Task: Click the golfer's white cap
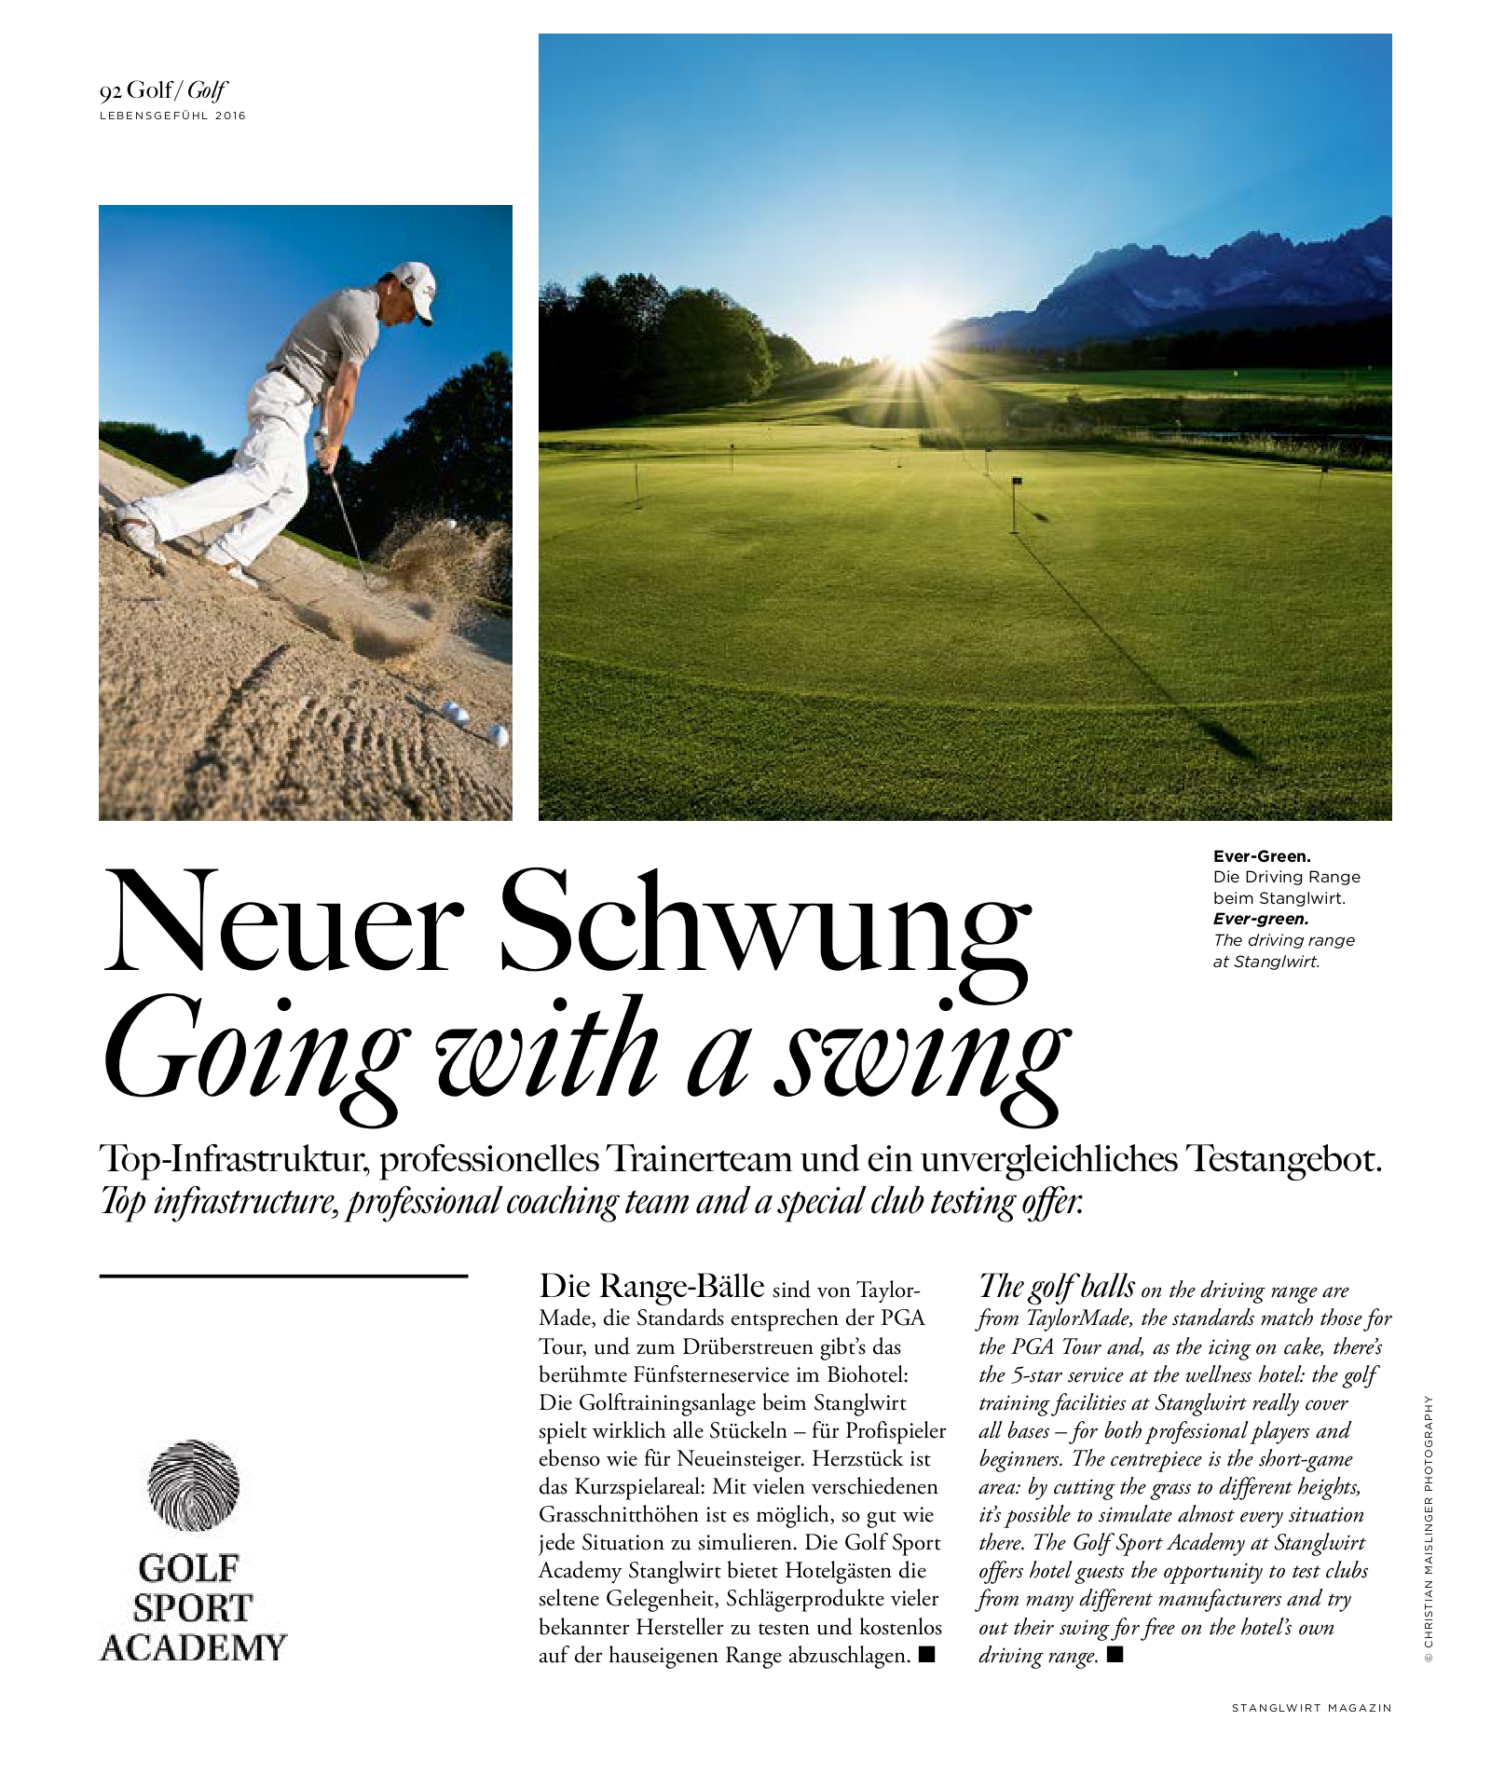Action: point(414,283)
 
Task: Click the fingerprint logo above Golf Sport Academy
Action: point(194,1485)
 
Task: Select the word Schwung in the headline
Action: point(765,924)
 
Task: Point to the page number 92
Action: point(111,91)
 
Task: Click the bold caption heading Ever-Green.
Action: point(1261,855)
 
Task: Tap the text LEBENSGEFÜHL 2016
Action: point(172,116)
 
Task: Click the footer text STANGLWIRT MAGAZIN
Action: point(1311,1708)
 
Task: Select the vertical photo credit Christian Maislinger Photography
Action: point(1429,1527)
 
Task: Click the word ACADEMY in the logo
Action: point(193,1647)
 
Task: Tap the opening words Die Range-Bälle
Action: point(650,1287)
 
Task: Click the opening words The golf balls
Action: point(1057,1287)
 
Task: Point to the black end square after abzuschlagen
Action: point(926,1654)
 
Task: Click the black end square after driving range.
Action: point(1115,1654)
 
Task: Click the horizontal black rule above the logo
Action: point(283,1276)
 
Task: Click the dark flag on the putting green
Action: point(1017,482)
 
